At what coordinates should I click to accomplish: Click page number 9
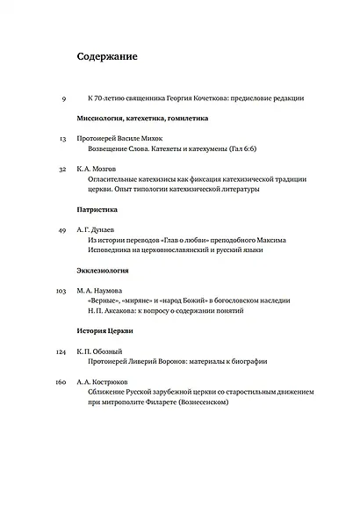pos(64,98)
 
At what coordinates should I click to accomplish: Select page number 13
pos(62,139)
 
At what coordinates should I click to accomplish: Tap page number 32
pos(62,169)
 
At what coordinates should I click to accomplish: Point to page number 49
pos(62,229)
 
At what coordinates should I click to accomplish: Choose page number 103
pos(61,290)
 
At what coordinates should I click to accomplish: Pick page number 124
pos(61,351)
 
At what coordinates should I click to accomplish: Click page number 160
pos(61,381)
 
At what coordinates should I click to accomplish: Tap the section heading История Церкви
pos(104,331)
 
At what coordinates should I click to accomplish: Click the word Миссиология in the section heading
pos(101,118)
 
